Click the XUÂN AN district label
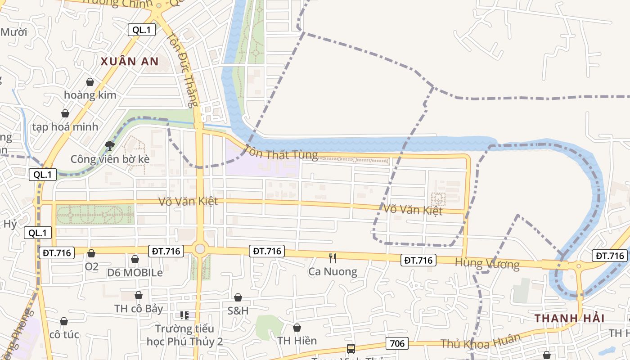pos(130,62)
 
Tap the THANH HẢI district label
pos(569,318)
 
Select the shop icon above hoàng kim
pos(90,82)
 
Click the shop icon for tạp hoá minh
pos(65,113)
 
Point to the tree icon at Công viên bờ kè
pos(109,145)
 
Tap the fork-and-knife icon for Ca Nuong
pos(333,258)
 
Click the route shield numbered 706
pos(397,344)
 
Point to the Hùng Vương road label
pos(487,264)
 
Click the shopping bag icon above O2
pos(91,254)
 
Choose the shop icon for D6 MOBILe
pos(135,259)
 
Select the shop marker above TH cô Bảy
pos(139,295)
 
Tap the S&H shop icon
pos(238,297)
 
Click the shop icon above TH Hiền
pos(297,328)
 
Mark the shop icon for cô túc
pos(64,321)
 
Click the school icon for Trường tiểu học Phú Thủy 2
pos(184,315)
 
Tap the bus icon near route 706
pos(351,348)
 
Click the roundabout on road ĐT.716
pos(200,249)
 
